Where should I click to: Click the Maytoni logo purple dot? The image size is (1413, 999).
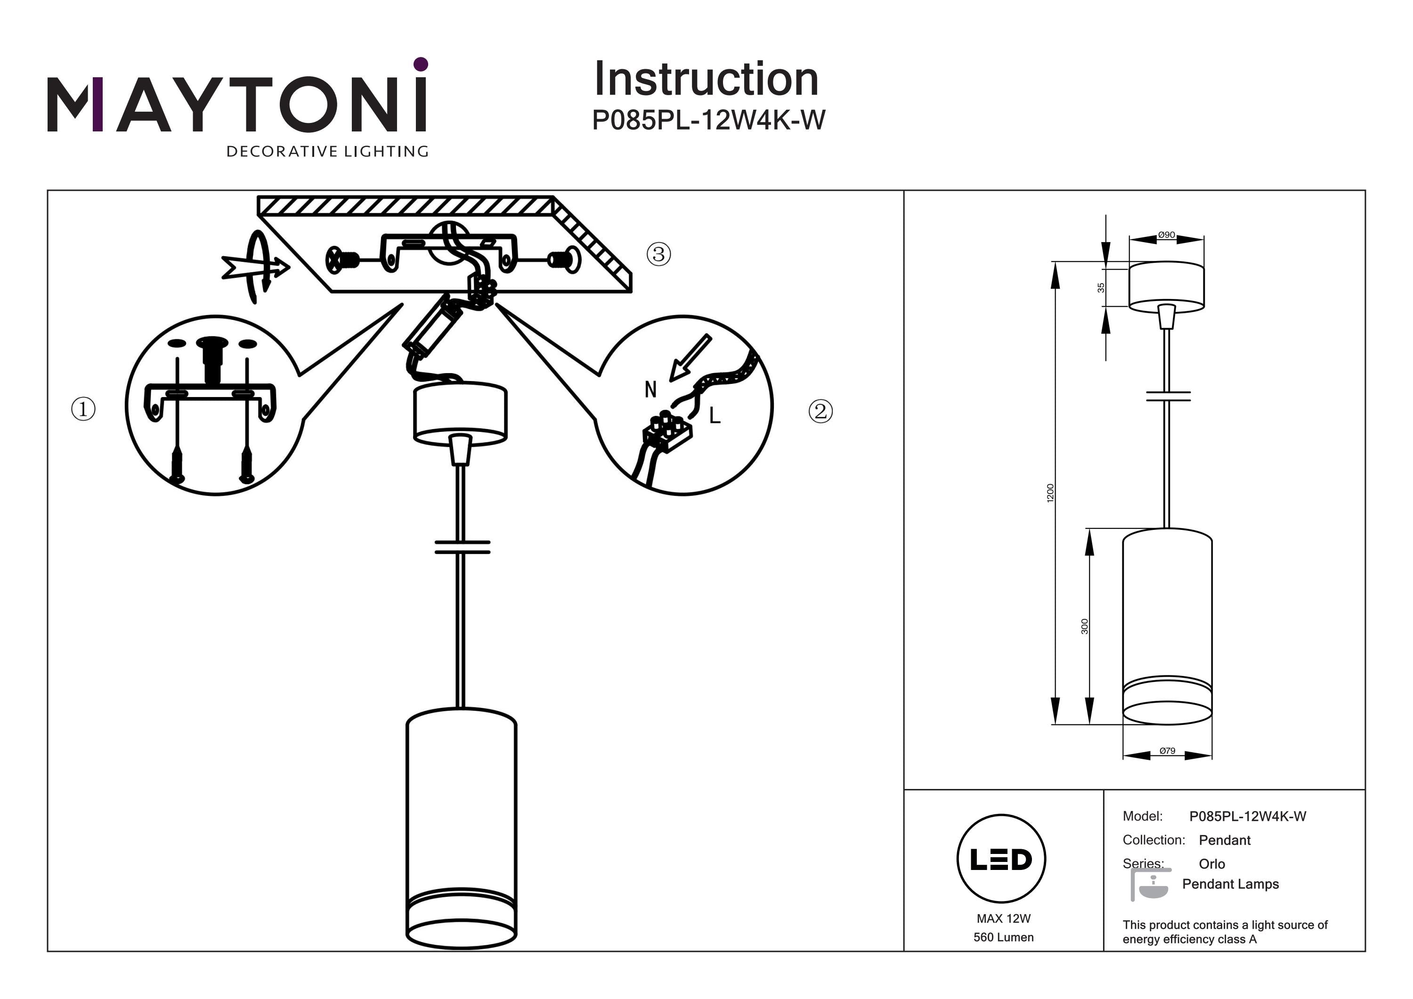pos(421,64)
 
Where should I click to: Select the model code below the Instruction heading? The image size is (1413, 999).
pos(708,120)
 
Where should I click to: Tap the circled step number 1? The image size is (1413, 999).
pos(84,409)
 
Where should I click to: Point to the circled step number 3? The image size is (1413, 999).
pos(658,253)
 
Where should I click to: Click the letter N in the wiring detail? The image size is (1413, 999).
pos(650,390)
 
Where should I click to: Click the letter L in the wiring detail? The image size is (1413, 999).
pos(715,416)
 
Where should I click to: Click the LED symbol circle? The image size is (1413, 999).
pos(1001,859)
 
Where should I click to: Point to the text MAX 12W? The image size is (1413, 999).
pos(1003,918)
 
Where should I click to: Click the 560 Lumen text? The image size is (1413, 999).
pos(1003,937)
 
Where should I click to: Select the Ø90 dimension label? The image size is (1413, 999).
pos(1166,235)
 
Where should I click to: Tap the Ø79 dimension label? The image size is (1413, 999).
pos(1167,751)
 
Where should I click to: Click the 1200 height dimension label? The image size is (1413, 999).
pos(1050,492)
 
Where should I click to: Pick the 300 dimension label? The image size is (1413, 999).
pos(1084,626)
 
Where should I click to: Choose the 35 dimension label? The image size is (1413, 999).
pos(1101,287)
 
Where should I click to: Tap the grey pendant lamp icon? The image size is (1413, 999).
pos(1150,885)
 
